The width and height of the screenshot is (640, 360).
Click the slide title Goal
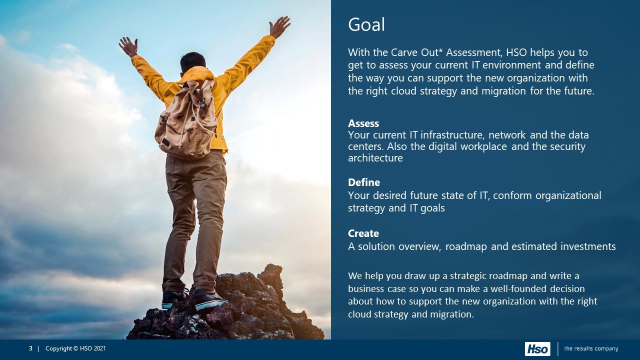pyautogui.click(x=366, y=24)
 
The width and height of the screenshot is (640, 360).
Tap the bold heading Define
pyautogui.click(x=364, y=182)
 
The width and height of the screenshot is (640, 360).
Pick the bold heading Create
pyautogui.click(x=363, y=233)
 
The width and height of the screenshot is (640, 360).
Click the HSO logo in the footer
pyautogui.click(x=537, y=349)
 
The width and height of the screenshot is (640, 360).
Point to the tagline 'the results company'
pyautogui.click(x=591, y=348)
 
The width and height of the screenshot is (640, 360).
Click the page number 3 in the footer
pyautogui.click(x=30, y=348)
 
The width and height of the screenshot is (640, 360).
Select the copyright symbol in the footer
pyautogui.click(x=75, y=348)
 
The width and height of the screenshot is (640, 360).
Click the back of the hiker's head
pyautogui.click(x=193, y=62)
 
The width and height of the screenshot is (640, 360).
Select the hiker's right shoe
pyautogui.click(x=210, y=299)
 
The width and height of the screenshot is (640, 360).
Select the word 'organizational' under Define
pyautogui.click(x=568, y=195)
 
